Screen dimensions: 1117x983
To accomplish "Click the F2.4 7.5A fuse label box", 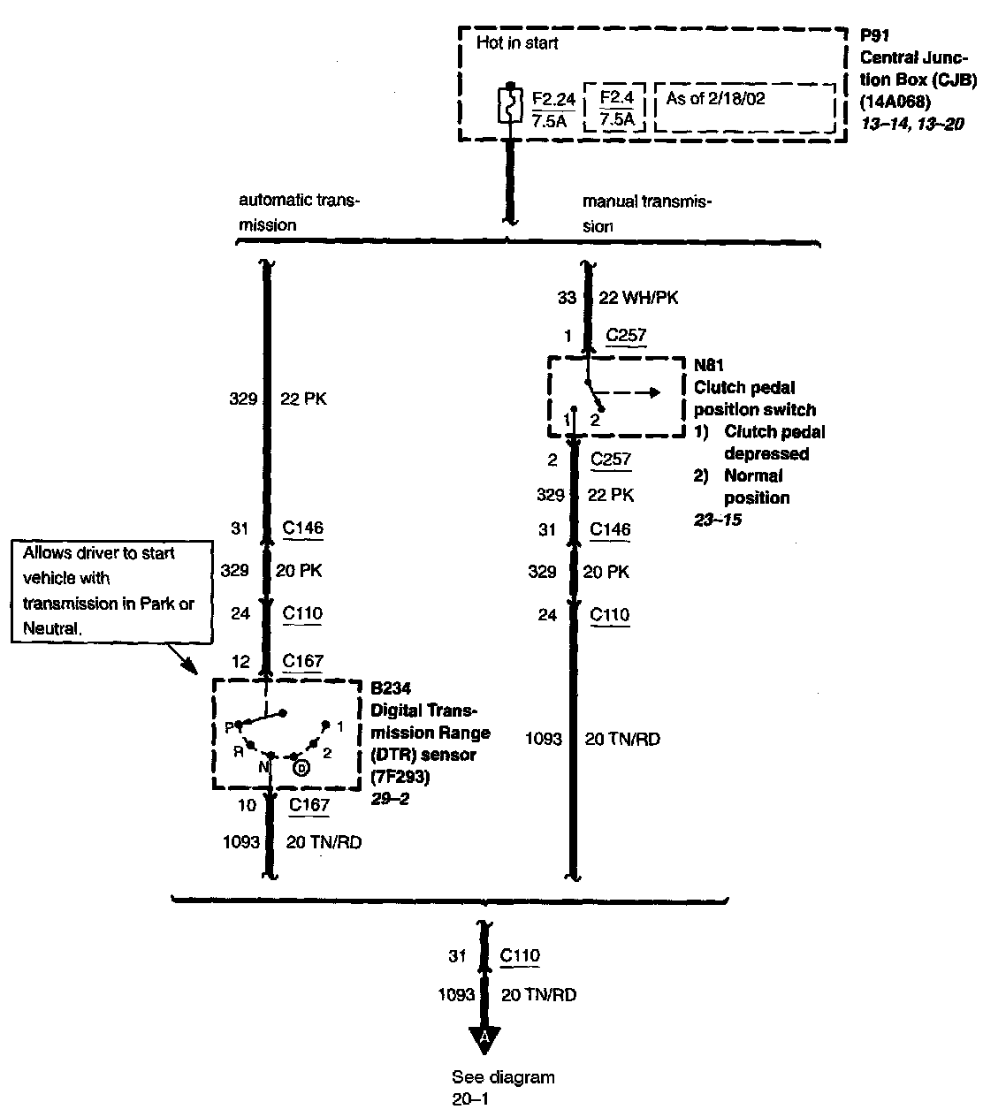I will coord(616,108).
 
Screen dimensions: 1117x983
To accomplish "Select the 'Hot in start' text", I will coord(517,42).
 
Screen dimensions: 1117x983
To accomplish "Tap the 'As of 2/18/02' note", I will coord(715,98).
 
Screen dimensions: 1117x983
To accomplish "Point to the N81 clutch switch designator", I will coord(709,365).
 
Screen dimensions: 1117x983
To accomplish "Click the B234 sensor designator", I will coord(390,688).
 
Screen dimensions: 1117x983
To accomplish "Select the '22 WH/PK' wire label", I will coord(638,298).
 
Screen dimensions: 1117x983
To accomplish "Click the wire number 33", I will coord(567,299).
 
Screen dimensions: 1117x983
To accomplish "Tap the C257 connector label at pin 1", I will coord(626,336).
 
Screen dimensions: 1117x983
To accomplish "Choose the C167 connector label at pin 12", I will coord(302,661).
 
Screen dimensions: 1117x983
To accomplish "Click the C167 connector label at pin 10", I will coord(309,805).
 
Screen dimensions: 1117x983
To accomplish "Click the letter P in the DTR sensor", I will coord(228,727).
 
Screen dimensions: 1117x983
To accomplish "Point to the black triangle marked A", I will coord(484,1040).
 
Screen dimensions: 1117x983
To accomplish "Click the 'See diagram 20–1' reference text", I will coord(502,1088).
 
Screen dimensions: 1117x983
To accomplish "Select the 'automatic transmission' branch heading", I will coord(299,212).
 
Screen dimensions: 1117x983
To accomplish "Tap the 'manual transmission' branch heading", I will coord(646,213).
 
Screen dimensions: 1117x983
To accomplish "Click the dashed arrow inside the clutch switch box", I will coord(632,392).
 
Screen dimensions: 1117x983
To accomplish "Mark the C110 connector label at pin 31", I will coord(520,955).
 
